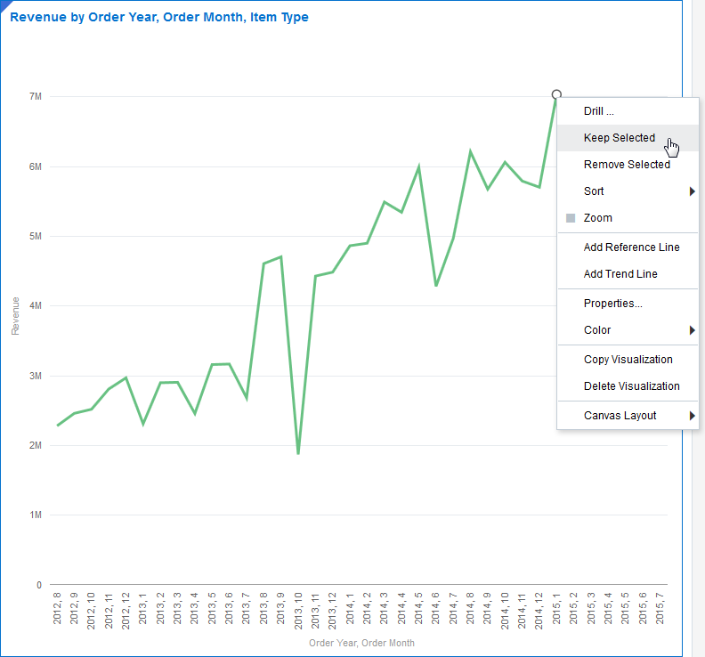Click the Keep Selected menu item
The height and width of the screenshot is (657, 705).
pyautogui.click(x=619, y=138)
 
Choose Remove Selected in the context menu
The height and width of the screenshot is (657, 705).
pyautogui.click(x=627, y=165)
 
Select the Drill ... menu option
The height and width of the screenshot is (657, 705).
pyautogui.click(x=599, y=111)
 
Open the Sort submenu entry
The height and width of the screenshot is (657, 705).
pyautogui.click(x=594, y=191)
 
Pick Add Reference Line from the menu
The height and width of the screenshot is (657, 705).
pyautogui.click(x=631, y=247)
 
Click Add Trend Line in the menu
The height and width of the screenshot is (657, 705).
pyautogui.click(x=620, y=274)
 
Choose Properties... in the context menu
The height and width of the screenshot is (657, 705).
pyautogui.click(x=612, y=304)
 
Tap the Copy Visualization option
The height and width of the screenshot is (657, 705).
pyautogui.click(x=628, y=360)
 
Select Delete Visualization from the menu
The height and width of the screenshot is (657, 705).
pyautogui.click(x=631, y=386)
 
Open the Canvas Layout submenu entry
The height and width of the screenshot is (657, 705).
pyautogui.click(x=620, y=416)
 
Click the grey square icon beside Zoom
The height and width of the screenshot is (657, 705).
pyautogui.click(x=571, y=218)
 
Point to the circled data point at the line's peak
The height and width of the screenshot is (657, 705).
pyautogui.click(x=556, y=94)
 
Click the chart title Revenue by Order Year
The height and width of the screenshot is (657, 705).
pyautogui.click(x=159, y=17)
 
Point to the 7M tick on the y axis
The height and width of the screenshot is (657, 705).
pyautogui.click(x=36, y=96)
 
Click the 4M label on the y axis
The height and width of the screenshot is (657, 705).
pyautogui.click(x=36, y=305)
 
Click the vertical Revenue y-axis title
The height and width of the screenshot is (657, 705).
pyautogui.click(x=15, y=316)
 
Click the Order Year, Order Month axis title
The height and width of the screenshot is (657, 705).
pyautogui.click(x=361, y=643)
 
